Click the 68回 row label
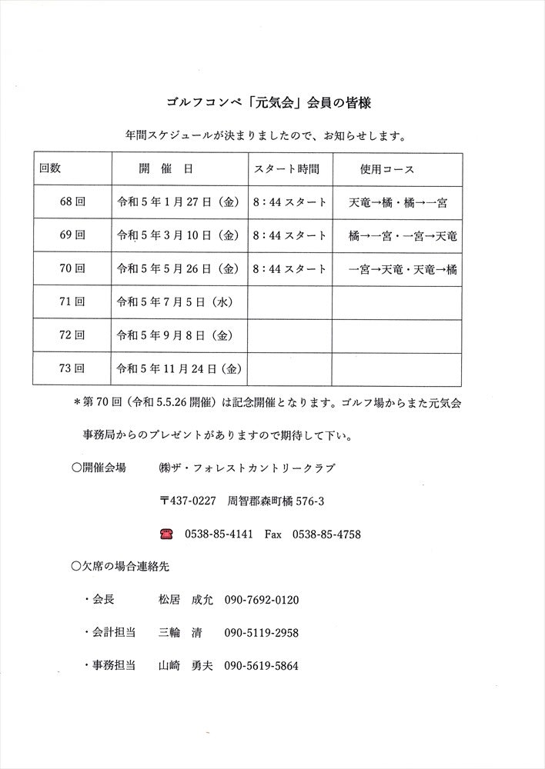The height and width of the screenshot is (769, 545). pyautogui.click(x=72, y=203)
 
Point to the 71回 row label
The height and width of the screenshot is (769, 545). pyautogui.click(x=72, y=302)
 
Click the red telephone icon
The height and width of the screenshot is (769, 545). pyautogui.click(x=166, y=533)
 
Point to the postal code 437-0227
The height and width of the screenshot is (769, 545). pyautogui.click(x=188, y=501)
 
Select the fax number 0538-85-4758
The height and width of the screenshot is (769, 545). pyautogui.click(x=327, y=534)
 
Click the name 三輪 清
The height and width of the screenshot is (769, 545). pyautogui.click(x=179, y=633)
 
